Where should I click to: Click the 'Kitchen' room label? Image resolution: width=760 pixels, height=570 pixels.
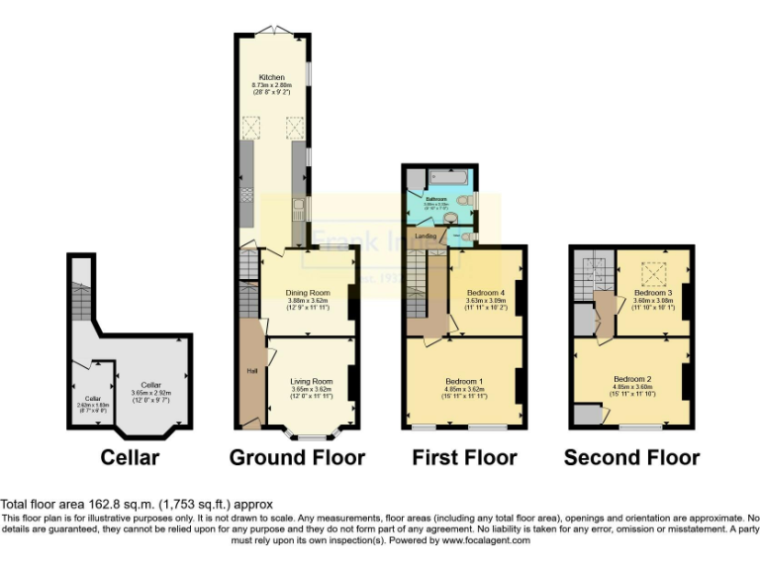coord(272,76)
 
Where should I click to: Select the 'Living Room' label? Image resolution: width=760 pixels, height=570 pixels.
coord(311,381)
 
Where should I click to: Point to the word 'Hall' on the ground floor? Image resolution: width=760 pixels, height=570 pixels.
coord(251,371)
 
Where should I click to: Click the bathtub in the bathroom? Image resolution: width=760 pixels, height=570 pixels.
coord(451,178)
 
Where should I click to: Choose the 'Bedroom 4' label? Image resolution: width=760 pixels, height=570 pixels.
coord(485,293)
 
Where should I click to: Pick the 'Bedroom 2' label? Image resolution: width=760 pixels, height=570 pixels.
coord(631,379)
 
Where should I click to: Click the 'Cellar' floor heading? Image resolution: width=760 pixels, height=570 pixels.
coord(130,457)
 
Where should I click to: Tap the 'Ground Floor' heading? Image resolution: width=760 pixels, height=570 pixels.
coord(297,457)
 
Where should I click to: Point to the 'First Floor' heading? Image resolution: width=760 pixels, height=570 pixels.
coord(463,457)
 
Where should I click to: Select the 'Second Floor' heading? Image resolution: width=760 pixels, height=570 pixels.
coord(631,457)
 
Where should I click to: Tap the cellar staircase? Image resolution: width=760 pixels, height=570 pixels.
coord(82,296)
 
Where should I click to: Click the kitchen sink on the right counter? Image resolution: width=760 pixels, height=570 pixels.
coord(298,209)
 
